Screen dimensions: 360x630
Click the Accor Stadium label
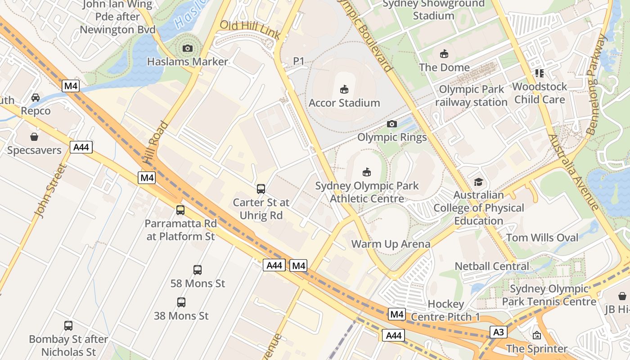coord(344,103)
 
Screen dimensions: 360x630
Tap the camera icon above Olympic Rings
coord(392,124)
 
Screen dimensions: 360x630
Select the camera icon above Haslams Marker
coord(188,48)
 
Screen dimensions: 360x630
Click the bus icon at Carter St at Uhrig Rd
coord(261,189)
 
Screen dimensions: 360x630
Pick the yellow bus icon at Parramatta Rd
coord(180,210)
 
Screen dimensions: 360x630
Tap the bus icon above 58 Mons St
coord(198,270)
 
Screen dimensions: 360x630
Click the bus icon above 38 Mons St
coord(181,302)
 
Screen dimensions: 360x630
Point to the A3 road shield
coord(498,333)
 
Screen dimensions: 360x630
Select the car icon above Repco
coord(36,98)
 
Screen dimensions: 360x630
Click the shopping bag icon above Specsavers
coord(34,137)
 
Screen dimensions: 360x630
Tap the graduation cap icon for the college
coord(478,182)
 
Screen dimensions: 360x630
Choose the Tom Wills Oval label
coord(542,238)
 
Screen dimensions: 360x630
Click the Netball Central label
coord(492,266)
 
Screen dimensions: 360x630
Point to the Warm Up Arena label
coord(391,244)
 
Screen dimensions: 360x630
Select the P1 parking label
coord(299,61)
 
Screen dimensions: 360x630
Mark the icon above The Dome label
coord(444,54)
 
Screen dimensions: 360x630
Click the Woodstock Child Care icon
coord(540,73)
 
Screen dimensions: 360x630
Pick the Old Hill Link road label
coord(250,29)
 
